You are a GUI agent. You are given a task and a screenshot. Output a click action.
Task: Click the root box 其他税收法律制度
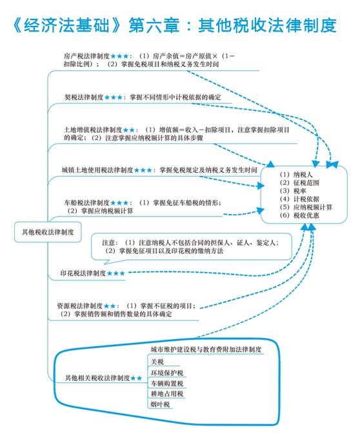coord(48,232)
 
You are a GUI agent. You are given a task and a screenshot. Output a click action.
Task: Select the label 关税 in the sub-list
coord(157,362)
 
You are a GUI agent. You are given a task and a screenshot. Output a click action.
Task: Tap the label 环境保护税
coord(167,373)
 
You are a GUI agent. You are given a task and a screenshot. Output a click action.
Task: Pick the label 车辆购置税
coord(167,384)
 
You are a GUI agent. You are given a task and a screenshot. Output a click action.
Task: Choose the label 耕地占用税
coord(167,394)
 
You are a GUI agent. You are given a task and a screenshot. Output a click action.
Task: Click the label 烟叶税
coord(160,404)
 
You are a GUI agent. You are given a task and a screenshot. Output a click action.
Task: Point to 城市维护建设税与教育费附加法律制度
coord(206,349)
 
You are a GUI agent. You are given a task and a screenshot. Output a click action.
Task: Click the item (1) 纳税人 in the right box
coord(296,175)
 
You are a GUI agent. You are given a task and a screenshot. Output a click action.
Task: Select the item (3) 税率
coord(293,191)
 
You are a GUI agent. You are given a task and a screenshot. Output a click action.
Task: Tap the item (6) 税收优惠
coord(299,215)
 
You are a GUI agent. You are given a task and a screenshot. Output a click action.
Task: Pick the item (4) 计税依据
coord(299,199)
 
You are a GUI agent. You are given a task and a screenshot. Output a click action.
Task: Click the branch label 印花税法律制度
coord(83,273)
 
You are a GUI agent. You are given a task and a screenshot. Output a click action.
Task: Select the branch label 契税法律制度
coord(84,97)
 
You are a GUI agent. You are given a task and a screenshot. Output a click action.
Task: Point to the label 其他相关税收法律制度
coord(97,378)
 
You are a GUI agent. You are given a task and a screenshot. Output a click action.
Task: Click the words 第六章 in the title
coord(154,25)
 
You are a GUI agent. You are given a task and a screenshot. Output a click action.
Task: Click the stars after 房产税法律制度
coord(119,56)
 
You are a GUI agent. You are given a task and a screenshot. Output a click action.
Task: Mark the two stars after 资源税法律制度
coord(110,306)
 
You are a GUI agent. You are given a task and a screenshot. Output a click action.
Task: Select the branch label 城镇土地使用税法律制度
coord(97,170)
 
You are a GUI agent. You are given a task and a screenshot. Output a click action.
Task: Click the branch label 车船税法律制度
coord(86,202)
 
